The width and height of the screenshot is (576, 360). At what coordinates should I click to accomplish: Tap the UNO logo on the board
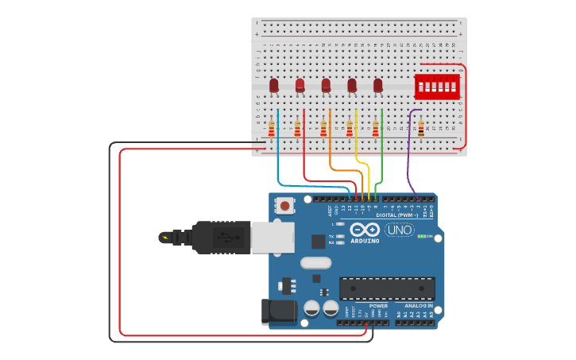coord(399,230)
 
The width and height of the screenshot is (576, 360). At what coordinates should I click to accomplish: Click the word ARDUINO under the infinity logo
coord(365,240)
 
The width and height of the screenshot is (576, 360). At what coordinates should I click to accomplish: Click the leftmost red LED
coord(274,84)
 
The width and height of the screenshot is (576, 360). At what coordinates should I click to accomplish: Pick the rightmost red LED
coord(378,84)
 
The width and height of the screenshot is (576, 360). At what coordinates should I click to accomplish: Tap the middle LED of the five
coord(326,84)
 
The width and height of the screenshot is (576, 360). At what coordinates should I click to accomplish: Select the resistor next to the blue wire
coord(272,127)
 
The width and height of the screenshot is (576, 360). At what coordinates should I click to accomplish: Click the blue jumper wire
coord(277,159)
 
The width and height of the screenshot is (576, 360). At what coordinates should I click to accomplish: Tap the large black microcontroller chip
coord(387,288)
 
